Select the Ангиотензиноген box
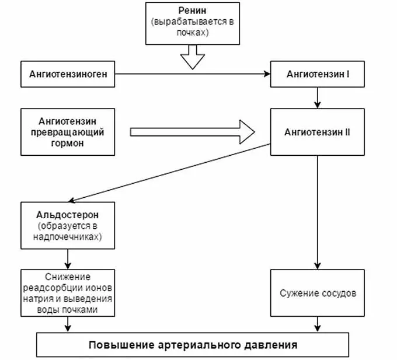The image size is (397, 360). click(x=68, y=74)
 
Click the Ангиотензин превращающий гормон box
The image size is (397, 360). click(x=68, y=132)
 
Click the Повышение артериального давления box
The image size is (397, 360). click(x=193, y=344)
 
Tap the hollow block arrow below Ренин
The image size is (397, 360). click(x=193, y=58)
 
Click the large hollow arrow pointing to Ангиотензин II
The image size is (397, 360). click(x=193, y=131)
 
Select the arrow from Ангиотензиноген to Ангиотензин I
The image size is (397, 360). click(x=193, y=75)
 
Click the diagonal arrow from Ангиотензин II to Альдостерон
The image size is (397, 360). click(x=169, y=172)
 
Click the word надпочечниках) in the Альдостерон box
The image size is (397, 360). click(x=68, y=237)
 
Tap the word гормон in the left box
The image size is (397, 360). click(x=68, y=143)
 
